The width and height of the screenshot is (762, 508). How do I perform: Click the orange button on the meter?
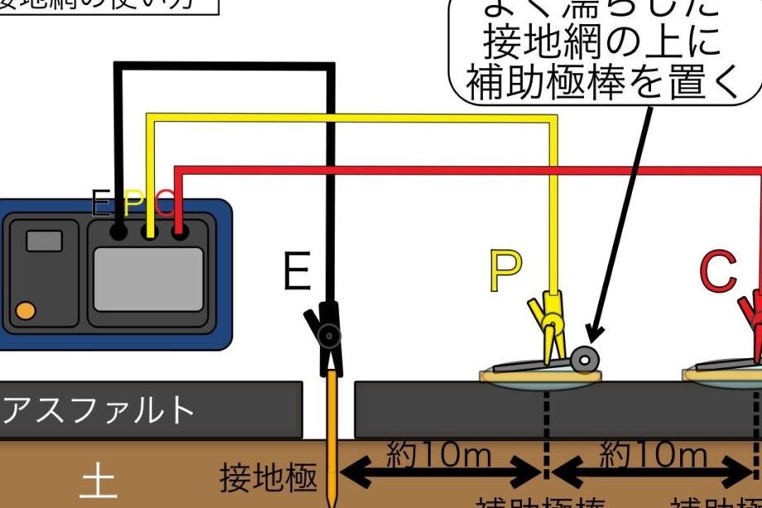pyautogui.click(x=26, y=311)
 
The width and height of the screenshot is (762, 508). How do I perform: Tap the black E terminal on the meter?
pyautogui.click(x=119, y=232)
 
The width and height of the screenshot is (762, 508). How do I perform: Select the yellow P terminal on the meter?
pyautogui.click(x=150, y=232)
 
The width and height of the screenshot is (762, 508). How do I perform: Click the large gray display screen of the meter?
pyautogui.click(x=148, y=279)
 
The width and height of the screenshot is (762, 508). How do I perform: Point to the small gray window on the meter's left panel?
pyautogui.click(x=44, y=241)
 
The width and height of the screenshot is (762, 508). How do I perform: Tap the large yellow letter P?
pyautogui.click(x=505, y=271)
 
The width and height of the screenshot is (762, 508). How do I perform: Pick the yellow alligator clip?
pyautogui.click(x=547, y=327)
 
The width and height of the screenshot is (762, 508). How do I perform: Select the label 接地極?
pyautogui.click(x=269, y=477)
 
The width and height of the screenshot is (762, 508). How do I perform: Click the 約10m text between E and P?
pyautogui.click(x=439, y=454)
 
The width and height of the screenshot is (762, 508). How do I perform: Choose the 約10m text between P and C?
pyautogui.click(x=653, y=454)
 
